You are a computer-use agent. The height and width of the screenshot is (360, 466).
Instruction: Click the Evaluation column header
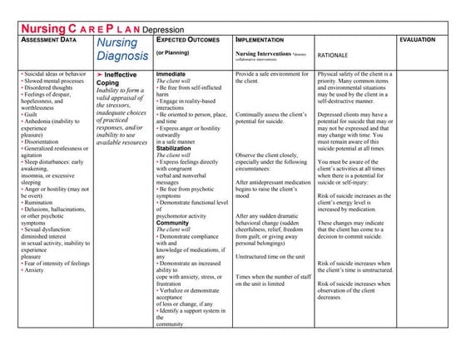coord(421,40)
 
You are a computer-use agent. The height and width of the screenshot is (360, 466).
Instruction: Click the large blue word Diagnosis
coord(122,57)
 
